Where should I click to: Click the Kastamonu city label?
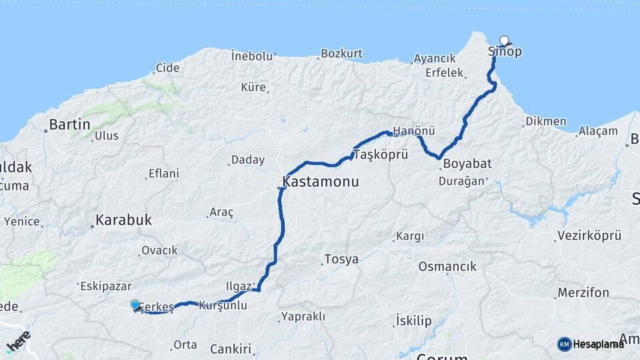tap(321, 181)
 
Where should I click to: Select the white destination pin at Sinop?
tap(504, 41)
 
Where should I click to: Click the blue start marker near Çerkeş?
tap(135, 305)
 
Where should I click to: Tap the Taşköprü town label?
tap(379, 154)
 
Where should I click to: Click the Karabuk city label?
tap(124, 219)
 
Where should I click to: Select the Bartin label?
tap(70, 124)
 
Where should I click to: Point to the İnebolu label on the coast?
tap(252, 56)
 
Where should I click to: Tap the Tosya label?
tap(341, 259)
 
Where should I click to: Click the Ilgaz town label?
tap(239, 287)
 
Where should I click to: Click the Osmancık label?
tap(447, 267)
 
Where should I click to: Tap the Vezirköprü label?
tap(587, 236)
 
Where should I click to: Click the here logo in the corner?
tap(18, 341)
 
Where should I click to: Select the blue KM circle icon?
tap(564, 344)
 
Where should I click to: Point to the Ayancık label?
tap(434, 59)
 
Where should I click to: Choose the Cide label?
tap(167, 67)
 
